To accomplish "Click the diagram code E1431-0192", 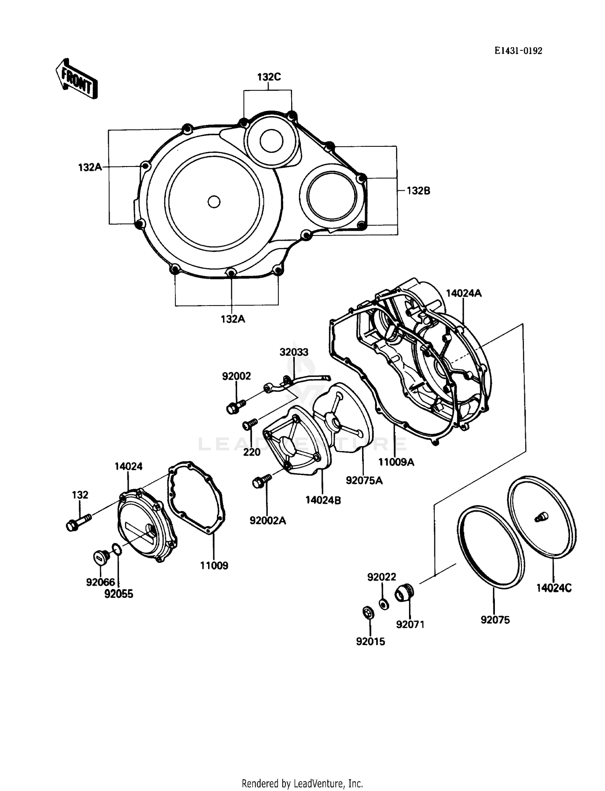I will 518,51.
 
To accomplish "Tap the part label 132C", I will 269,77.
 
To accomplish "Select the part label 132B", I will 418,191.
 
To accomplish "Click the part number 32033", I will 294,352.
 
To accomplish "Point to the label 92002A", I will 268,520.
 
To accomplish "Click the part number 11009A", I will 396,462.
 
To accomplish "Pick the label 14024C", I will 554,588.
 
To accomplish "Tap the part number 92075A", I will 364,481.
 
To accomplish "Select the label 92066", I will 100,582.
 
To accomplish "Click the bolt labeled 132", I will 78,522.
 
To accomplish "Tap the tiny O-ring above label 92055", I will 116,550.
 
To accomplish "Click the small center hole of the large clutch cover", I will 214,202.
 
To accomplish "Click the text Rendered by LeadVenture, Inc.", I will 302,783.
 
